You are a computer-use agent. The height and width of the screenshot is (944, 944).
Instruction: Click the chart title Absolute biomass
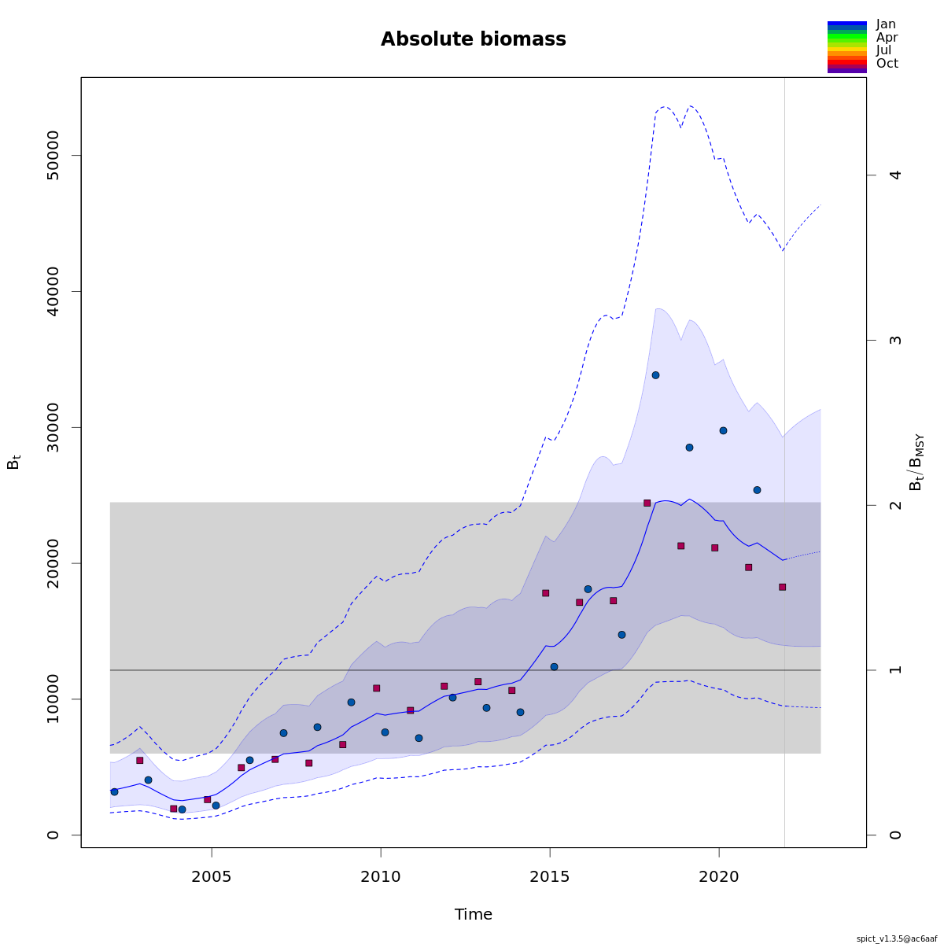point(473,39)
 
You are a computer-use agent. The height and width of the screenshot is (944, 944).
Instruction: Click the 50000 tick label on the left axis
point(53,156)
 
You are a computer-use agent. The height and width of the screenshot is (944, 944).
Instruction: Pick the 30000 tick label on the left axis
point(53,427)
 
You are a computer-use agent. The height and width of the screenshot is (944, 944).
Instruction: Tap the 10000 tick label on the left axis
point(53,699)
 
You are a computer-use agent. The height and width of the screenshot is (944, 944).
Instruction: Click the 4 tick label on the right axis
point(894,175)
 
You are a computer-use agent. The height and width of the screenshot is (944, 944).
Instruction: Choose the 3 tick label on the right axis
point(894,340)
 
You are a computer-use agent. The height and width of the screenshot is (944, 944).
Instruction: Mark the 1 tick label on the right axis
point(894,670)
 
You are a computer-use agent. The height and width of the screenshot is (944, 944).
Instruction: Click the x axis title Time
point(473,914)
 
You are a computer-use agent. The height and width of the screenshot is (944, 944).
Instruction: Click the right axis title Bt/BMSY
point(916,463)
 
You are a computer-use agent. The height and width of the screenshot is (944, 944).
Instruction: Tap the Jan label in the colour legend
point(886,24)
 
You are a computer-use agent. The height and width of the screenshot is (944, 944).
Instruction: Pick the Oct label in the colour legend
point(887,64)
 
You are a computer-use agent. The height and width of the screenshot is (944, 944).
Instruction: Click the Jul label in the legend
point(883,50)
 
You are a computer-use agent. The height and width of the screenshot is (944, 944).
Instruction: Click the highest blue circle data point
point(655,375)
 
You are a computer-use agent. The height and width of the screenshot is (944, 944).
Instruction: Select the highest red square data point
point(647,503)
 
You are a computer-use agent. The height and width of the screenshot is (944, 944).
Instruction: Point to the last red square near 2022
point(782,587)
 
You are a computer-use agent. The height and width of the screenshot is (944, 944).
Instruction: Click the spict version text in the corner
point(899,938)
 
